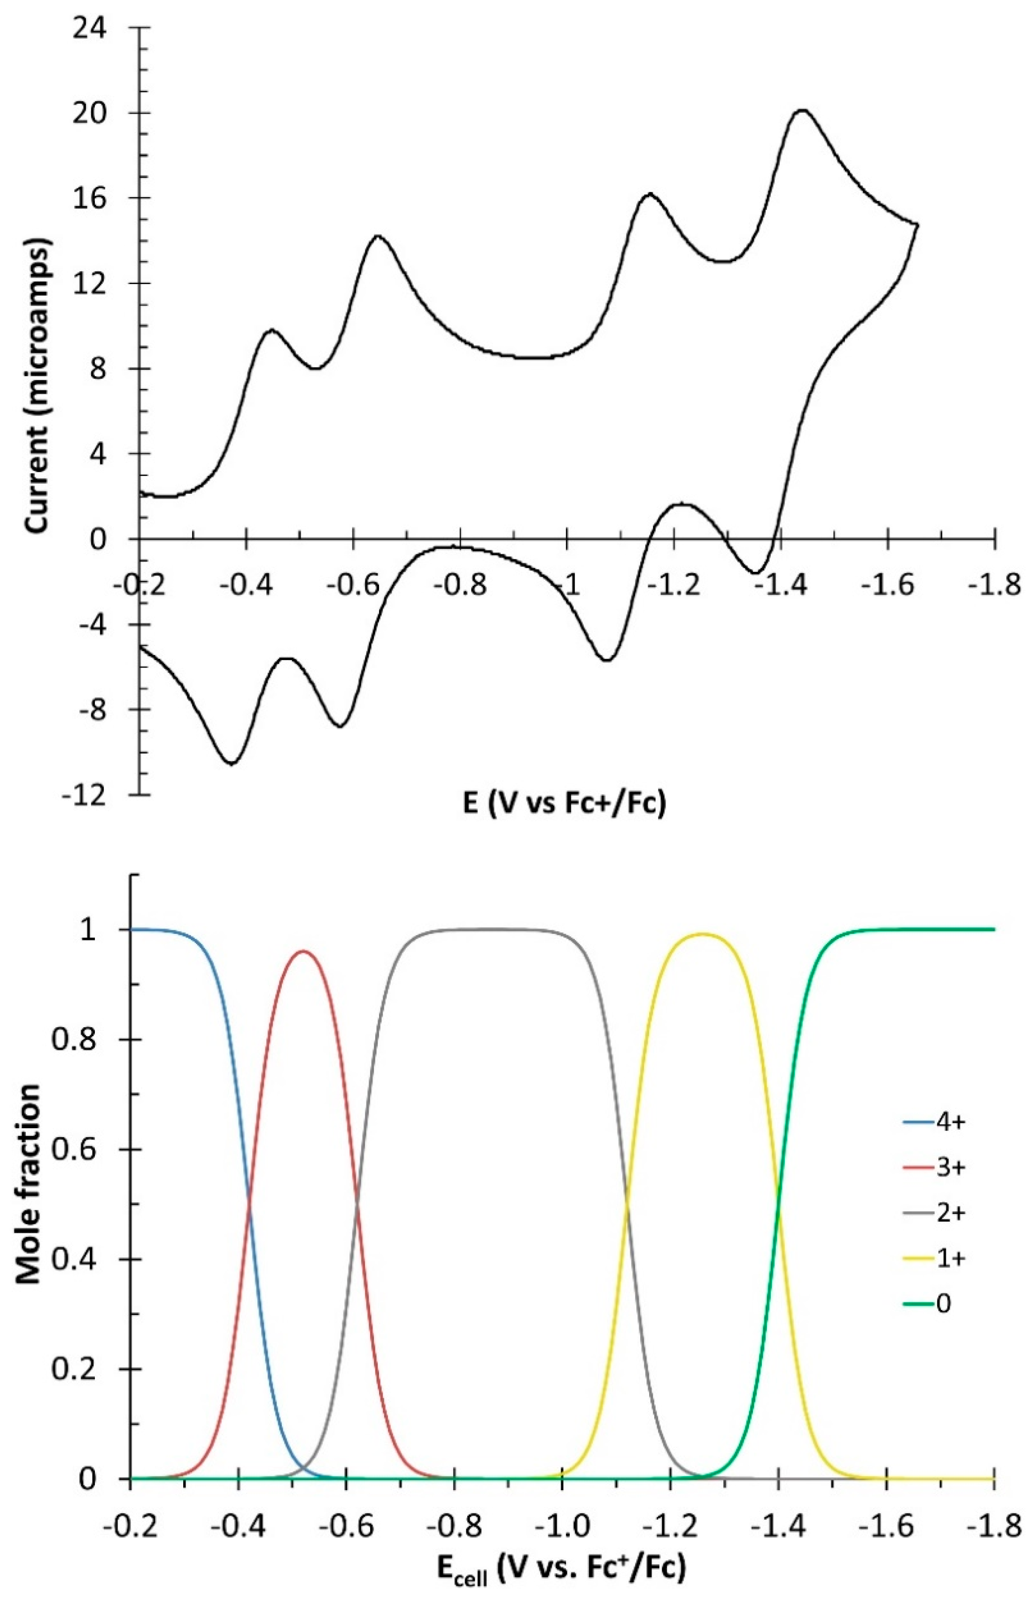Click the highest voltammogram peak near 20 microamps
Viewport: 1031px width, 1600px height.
click(803, 110)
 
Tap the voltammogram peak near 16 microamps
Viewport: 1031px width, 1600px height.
click(649, 193)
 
